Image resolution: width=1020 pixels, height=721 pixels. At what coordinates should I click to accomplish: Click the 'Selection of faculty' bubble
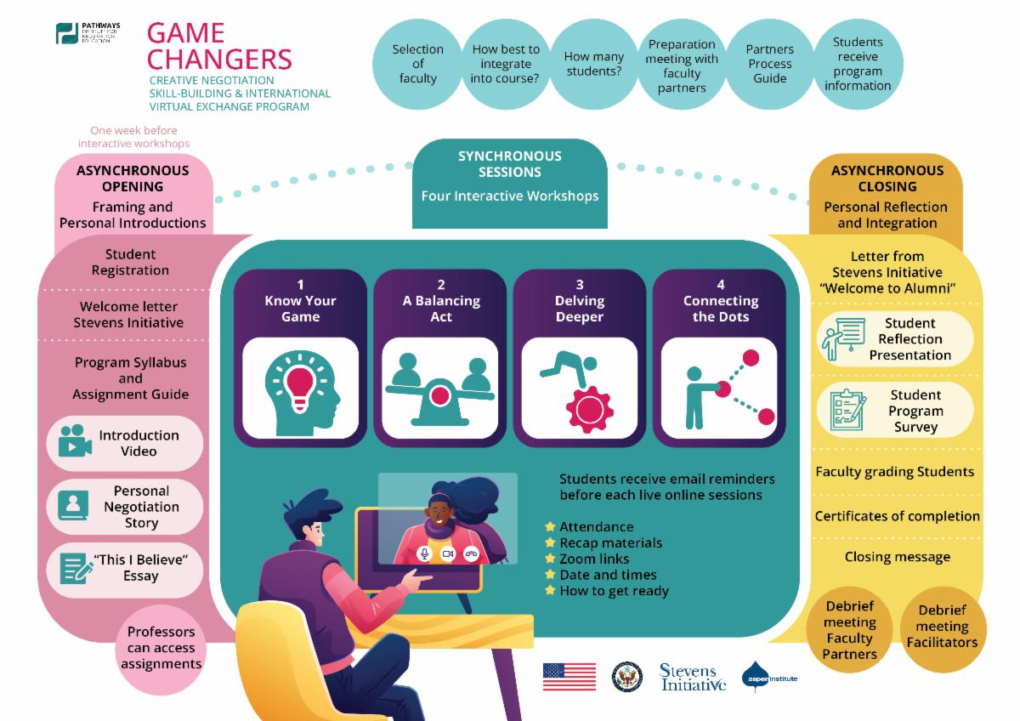click(x=417, y=64)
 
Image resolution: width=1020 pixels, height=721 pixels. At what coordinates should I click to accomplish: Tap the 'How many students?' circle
click(x=593, y=64)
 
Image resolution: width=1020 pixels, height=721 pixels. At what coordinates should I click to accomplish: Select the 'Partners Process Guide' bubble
click(x=769, y=64)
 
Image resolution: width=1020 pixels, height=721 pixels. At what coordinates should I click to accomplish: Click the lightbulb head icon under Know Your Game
click(x=300, y=389)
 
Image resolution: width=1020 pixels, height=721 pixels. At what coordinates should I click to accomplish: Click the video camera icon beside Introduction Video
click(x=75, y=442)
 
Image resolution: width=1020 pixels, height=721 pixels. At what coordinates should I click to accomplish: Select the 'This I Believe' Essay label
click(x=140, y=567)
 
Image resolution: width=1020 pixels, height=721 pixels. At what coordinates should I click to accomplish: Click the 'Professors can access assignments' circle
click(x=161, y=647)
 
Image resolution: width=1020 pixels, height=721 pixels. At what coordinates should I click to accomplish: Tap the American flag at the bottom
click(x=569, y=677)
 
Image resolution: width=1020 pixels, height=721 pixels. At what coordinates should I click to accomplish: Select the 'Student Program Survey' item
click(x=915, y=411)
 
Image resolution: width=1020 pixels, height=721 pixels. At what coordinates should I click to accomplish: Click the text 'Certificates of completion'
click(x=897, y=516)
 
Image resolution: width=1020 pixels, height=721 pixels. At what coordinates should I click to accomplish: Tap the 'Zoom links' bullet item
click(x=593, y=559)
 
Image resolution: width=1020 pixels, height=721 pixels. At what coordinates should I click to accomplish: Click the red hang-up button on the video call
click(x=471, y=554)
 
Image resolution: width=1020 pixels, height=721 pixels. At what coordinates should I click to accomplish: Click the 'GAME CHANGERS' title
click(x=219, y=46)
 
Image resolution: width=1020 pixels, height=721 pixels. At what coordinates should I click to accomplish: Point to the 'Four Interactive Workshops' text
click(x=510, y=196)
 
